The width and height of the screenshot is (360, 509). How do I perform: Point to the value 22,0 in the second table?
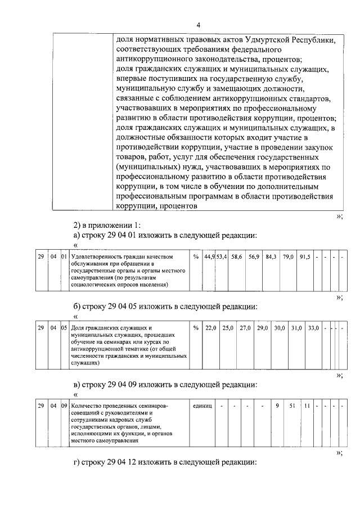tap(211, 327)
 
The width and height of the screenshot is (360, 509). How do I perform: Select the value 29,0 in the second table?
tap(262, 327)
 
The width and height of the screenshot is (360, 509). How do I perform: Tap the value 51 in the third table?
tap(292, 405)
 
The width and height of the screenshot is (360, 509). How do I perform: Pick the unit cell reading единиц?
tap(201, 405)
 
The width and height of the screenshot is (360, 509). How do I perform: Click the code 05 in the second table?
tap(64, 327)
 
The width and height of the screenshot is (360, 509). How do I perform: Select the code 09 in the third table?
tap(64, 405)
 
